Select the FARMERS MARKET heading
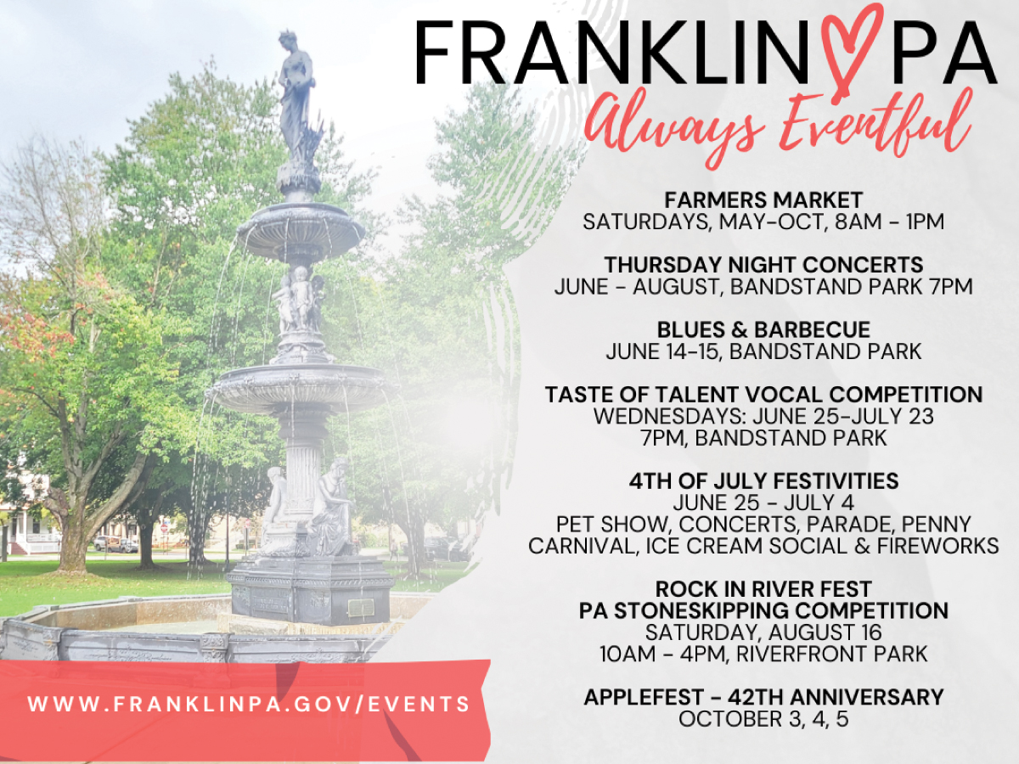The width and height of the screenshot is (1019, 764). point(763,200)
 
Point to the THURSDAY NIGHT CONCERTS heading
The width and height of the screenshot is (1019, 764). point(763,265)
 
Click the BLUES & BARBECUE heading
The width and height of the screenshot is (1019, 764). point(763,330)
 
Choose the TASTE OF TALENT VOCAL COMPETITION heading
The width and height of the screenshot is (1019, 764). point(763,395)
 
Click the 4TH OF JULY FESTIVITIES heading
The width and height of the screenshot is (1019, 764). point(763,481)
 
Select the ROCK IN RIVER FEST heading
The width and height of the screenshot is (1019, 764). point(763,589)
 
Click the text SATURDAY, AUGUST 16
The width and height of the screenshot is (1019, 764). point(763,632)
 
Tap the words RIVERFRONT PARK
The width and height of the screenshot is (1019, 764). point(832,654)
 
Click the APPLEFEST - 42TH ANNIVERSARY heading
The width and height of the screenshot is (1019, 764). point(763,697)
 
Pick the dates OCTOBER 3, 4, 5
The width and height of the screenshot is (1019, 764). point(763,719)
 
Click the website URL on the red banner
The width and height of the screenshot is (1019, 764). point(249,705)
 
